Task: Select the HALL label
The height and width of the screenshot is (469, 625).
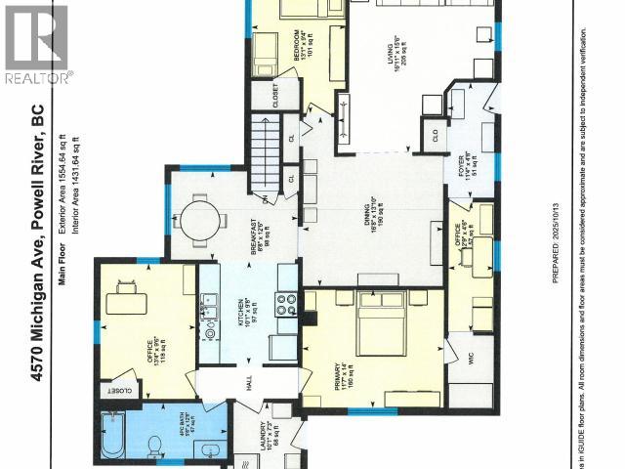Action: pos(248,387)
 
